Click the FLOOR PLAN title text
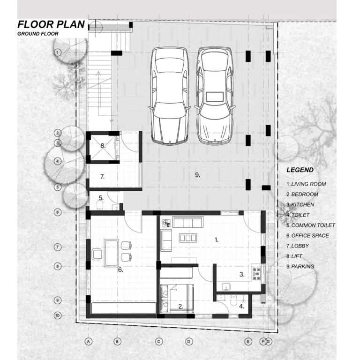point(51,24)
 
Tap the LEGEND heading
point(300,170)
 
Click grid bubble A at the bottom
point(89,342)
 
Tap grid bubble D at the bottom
point(189,342)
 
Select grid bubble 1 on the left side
point(57,52)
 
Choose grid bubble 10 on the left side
point(57,315)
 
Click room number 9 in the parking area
point(197,175)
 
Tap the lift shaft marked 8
point(103,147)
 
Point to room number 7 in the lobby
point(102,177)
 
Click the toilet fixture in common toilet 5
point(100,205)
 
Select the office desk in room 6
point(112,253)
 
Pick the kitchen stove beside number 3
point(256,274)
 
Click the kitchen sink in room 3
point(226,287)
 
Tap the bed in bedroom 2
point(177,299)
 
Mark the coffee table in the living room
point(188,238)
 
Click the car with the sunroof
point(215,96)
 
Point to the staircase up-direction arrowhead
point(98,74)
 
